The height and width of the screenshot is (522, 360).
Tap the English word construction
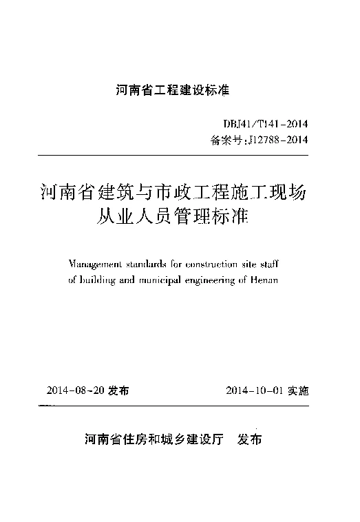click(207, 264)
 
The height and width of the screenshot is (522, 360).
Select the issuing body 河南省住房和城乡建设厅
click(153, 439)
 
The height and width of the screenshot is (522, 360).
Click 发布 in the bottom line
click(248, 439)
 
